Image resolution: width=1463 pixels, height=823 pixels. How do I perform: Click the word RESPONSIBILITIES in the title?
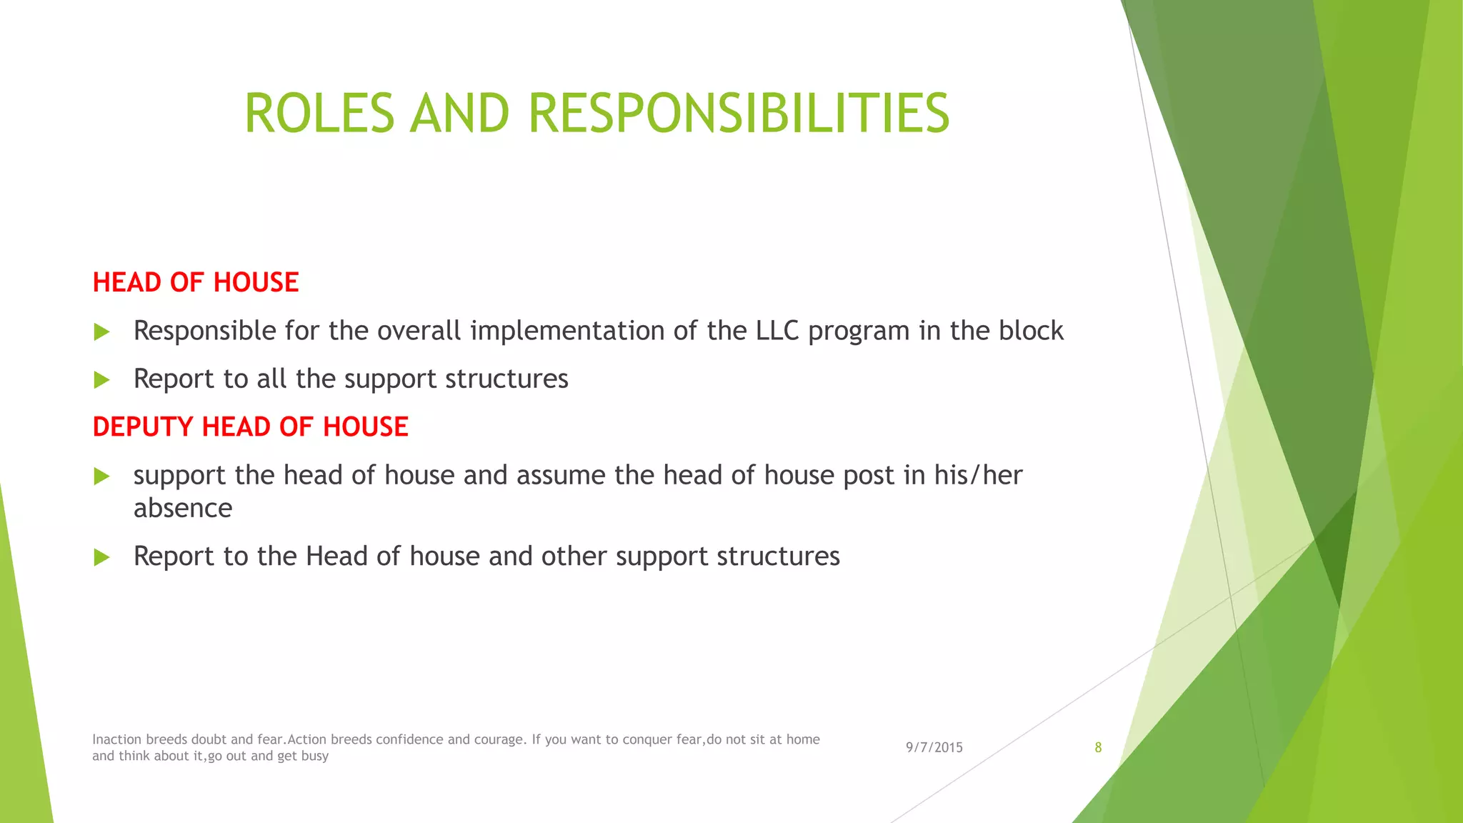pos(739,113)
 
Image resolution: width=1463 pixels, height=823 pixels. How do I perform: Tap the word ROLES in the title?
pos(319,113)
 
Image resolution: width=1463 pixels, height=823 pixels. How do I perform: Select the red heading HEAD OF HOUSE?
pos(196,282)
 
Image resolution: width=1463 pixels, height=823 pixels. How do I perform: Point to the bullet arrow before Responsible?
pos(101,331)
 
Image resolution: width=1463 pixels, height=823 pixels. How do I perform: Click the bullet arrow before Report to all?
pos(101,379)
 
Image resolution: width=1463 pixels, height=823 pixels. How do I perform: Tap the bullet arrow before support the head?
pos(101,476)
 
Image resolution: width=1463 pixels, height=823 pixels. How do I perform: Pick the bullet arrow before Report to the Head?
pos(101,557)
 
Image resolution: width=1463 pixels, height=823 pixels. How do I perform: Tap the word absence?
pos(183,508)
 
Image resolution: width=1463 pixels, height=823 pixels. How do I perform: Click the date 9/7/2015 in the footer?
pos(934,747)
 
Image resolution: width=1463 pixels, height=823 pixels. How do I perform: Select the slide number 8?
pos(1098,747)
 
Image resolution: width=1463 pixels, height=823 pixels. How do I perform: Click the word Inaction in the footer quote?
pos(117,739)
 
